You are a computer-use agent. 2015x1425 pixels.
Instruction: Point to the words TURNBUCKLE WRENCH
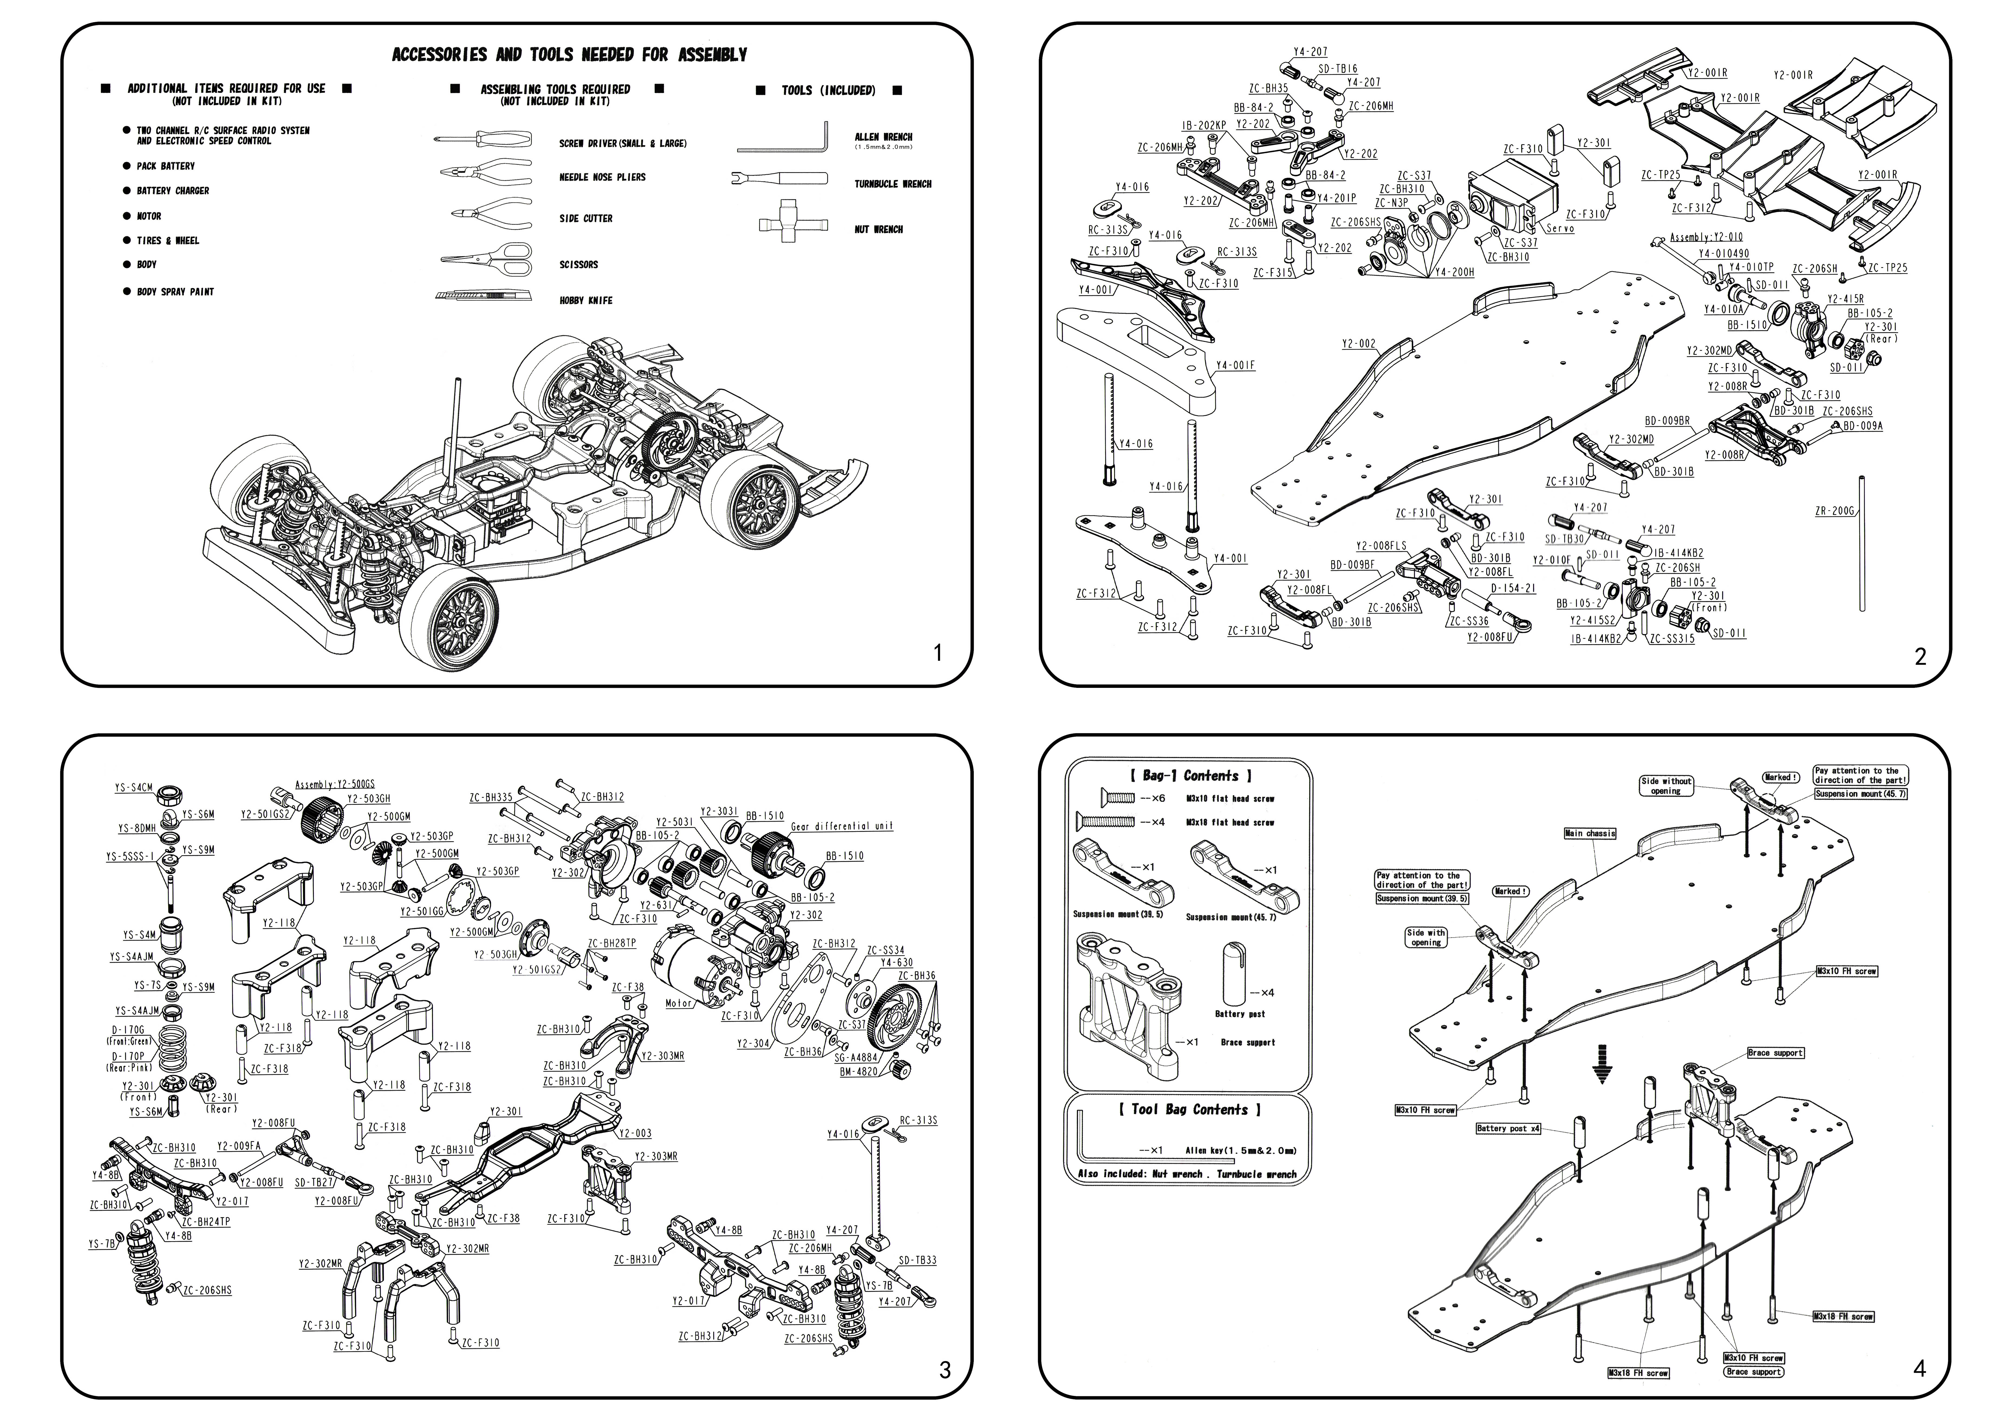tap(893, 184)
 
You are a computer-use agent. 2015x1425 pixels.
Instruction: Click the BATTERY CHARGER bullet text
tap(173, 190)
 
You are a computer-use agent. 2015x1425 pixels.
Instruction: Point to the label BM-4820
tap(859, 1071)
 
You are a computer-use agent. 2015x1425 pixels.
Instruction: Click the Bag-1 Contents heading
tap(1190, 776)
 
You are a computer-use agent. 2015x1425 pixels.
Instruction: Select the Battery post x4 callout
tap(1509, 1128)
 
